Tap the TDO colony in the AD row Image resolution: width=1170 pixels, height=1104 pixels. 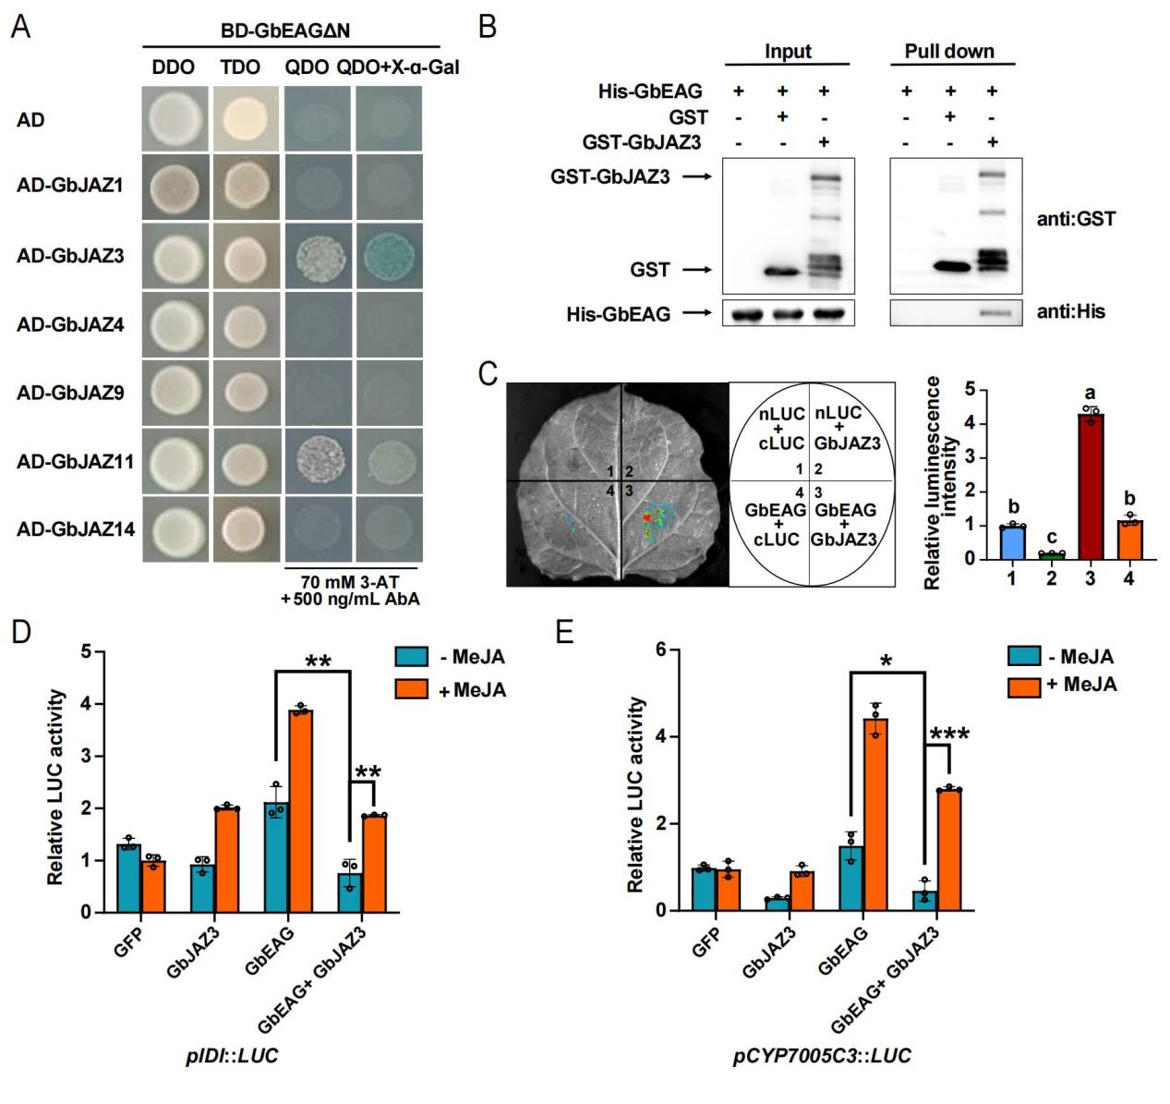246,119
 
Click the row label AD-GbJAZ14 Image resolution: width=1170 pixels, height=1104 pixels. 76,528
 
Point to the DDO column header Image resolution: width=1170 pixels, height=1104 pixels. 175,67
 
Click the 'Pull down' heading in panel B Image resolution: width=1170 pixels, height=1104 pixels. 948,52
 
